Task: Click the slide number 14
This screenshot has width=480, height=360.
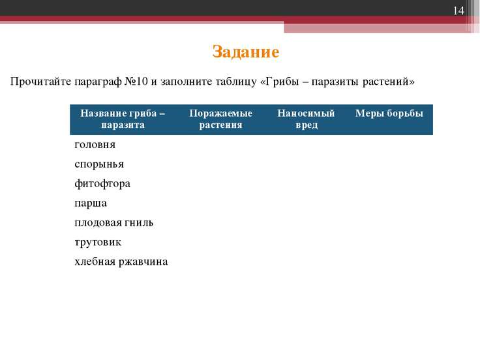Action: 458,10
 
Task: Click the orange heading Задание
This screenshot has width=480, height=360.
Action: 245,52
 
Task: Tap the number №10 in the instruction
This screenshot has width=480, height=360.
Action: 136,82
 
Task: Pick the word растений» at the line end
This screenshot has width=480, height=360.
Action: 389,82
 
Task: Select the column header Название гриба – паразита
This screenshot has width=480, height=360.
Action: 123,119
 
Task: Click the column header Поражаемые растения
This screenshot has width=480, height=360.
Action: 220,119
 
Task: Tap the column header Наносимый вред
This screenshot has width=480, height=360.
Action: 306,119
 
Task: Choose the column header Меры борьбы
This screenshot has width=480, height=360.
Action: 389,113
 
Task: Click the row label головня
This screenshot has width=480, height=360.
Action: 95,145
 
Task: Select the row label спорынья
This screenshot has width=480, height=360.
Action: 99,164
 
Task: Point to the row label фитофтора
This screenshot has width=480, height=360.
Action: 102,184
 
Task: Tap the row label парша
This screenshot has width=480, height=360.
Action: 91,203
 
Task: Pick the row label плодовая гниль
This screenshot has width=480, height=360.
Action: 114,222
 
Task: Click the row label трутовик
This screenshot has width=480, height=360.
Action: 98,242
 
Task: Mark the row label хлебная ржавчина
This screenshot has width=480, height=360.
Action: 121,262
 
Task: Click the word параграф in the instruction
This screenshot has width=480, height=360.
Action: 98,82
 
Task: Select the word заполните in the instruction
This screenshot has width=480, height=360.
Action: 186,82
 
